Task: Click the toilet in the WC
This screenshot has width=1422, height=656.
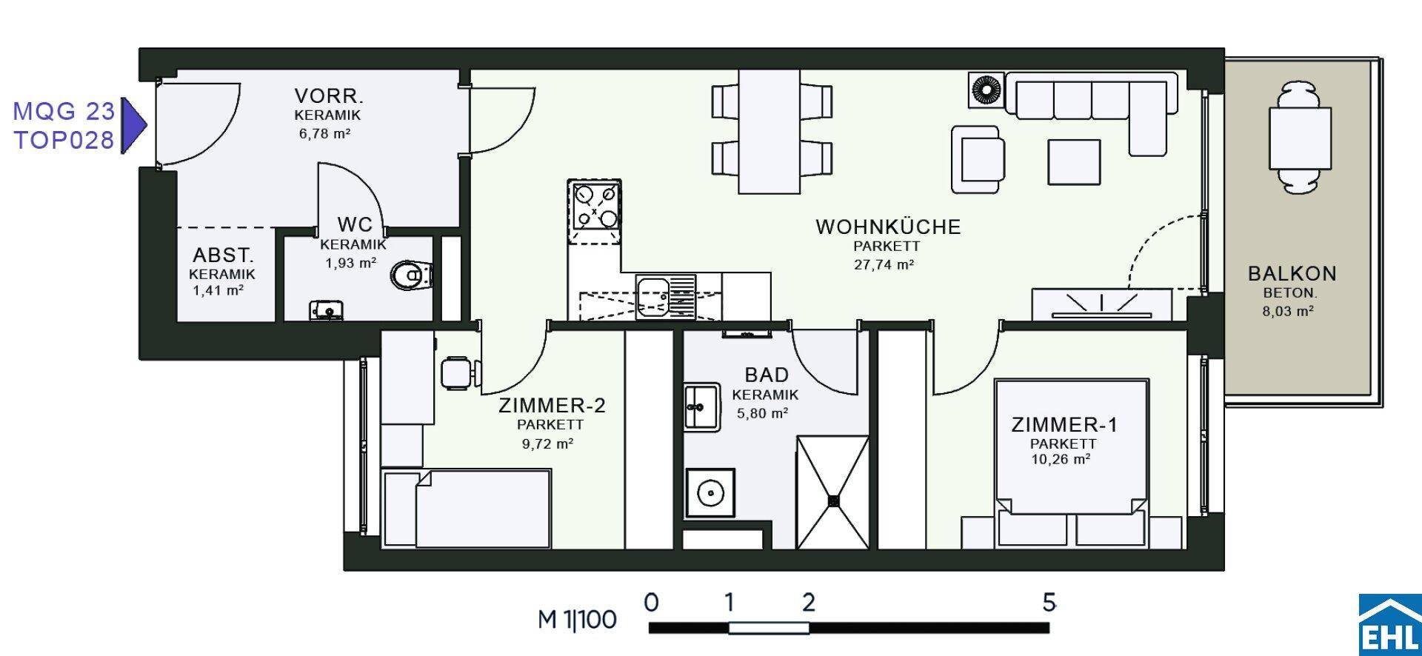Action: (x=409, y=276)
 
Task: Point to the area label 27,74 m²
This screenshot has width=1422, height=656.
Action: (x=884, y=264)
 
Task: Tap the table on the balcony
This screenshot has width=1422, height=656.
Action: (x=1300, y=138)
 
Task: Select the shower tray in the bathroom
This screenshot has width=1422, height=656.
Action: (x=833, y=492)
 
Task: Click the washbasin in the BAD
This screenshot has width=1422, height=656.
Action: (x=701, y=406)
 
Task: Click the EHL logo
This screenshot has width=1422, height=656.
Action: (x=1389, y=624)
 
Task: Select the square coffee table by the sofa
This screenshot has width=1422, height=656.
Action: (x=1074, y=161)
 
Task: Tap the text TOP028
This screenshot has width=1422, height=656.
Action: (x=64, y=140)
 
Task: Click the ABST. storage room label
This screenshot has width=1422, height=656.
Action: (x=223, y=255)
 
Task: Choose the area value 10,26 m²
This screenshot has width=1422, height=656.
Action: (x=1061, y=459)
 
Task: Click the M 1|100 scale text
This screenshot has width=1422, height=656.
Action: (x=577, y=619)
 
